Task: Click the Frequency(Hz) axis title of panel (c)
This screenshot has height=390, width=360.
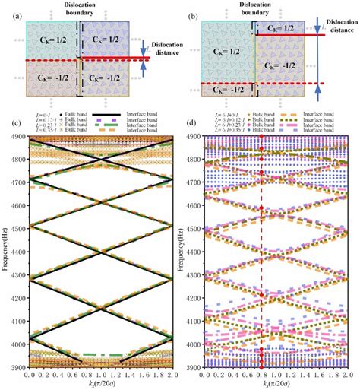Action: pos(5,251)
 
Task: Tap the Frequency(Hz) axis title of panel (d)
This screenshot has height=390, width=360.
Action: pos(186,251)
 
